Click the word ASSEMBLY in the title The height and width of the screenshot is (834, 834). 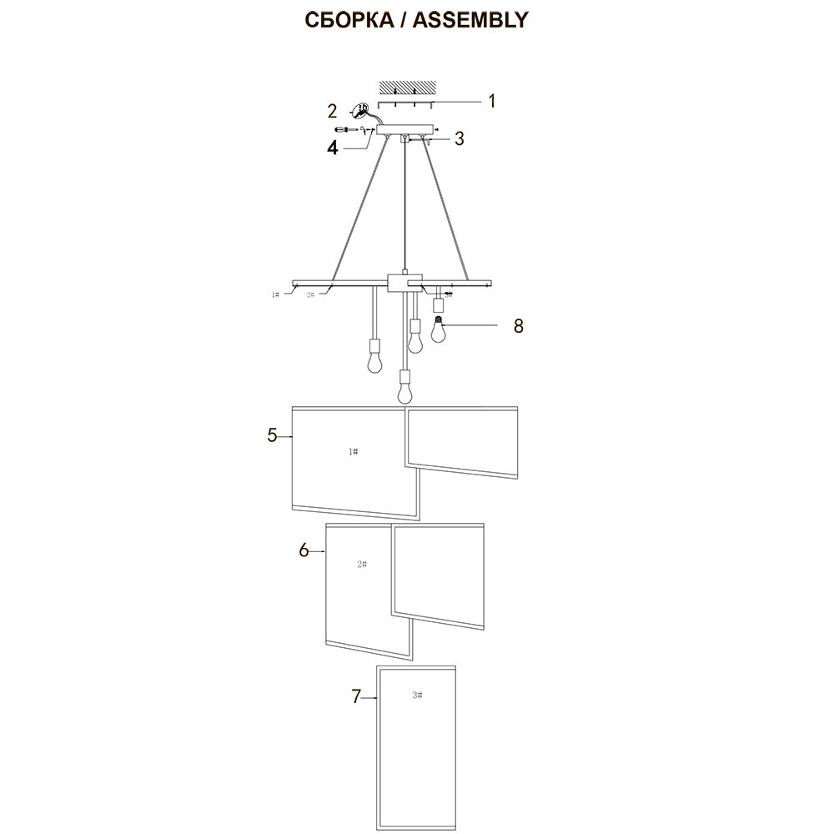point(472,20)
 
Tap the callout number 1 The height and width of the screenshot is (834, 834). point(492,101)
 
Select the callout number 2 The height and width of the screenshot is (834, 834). point(332,111)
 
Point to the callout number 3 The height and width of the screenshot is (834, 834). point(459,138)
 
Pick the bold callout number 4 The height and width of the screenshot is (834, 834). point(333,148)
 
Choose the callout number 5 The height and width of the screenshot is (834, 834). point(272,435)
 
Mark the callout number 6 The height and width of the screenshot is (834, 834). point(304,550)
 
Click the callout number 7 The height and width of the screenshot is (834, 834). point(356,696)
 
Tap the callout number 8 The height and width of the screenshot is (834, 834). point(518,325)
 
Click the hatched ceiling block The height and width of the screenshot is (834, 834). point(407,88)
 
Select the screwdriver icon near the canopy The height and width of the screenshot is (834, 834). point(344,129)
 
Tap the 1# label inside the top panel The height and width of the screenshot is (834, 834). point(353,451)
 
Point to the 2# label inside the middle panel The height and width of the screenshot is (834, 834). point(362,565)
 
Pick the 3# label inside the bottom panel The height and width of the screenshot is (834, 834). point(418,695)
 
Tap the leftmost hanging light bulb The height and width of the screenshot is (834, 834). point(375,359)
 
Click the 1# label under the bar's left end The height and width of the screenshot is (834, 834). point(275,294)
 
